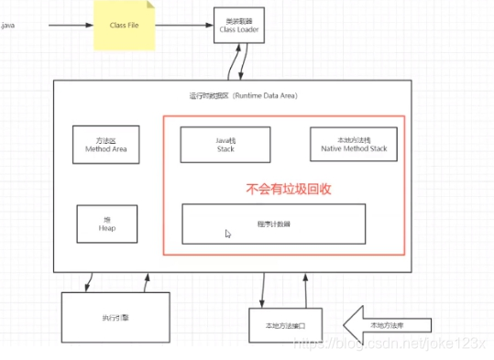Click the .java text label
[8, 25]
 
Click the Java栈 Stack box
[225, 143]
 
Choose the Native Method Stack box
[354, 143]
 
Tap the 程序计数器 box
[274, 224]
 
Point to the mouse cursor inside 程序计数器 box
[228, 235]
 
